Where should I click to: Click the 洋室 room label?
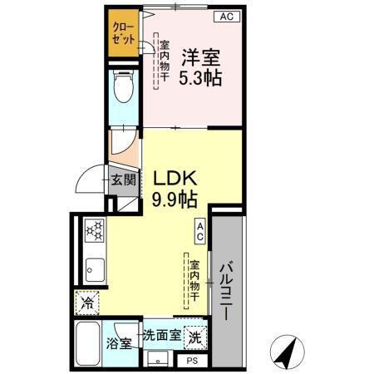pos(201,58)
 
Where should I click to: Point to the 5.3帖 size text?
pos(201,81)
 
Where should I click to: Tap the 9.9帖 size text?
pos(174,199)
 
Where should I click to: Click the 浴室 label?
pos(118,343)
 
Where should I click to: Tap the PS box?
pos(192,361)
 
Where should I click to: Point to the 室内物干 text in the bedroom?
pos(165,62)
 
